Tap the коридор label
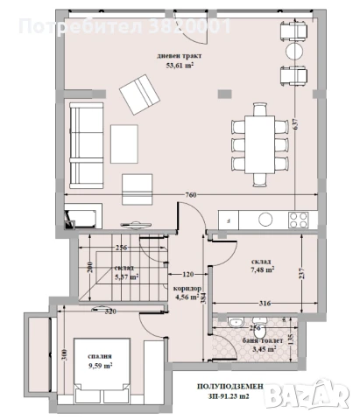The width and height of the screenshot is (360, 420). click(187, 288)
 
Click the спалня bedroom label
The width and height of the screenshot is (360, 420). click(99, 357)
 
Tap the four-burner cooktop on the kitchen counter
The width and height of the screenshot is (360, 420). click(299, 217)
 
